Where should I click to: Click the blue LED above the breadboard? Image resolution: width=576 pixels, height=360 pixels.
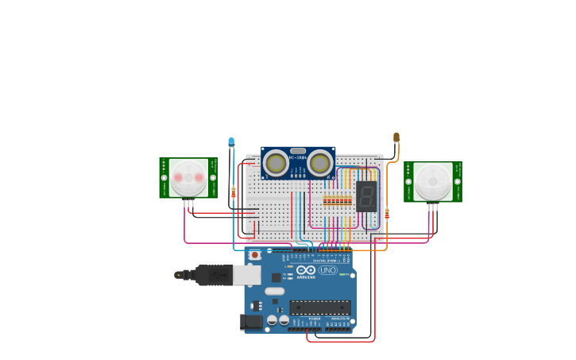231,142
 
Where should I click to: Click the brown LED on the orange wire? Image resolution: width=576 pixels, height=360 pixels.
396,137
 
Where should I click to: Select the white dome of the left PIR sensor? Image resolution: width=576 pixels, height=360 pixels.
188,177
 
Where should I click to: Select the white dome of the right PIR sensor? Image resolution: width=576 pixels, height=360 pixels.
433,181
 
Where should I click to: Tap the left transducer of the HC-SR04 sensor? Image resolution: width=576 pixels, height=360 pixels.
276,163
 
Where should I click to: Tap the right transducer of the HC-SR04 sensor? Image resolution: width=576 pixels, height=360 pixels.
320,163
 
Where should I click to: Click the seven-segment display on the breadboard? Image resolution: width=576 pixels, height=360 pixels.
366,195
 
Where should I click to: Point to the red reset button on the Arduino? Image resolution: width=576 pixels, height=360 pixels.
254,255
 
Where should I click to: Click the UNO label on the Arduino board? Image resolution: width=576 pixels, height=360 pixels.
328,270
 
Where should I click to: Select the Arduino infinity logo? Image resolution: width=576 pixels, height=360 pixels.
306,270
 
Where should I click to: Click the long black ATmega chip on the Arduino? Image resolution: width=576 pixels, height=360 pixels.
320,307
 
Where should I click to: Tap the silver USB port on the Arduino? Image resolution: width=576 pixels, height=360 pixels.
247,275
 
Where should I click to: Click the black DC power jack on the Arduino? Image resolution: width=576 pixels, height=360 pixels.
251,322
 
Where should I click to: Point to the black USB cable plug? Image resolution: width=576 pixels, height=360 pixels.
213,275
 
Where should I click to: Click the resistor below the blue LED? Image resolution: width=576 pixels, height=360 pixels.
233,192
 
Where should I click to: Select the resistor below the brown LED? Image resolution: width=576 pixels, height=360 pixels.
387,213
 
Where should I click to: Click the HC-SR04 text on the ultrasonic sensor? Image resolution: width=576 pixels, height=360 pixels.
298,157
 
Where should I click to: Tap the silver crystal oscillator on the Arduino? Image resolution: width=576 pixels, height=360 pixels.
274,291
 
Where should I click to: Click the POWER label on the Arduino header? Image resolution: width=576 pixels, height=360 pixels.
315,318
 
